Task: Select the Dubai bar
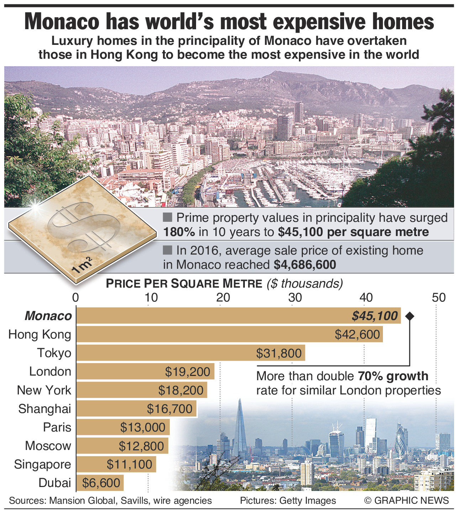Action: pos(100,483)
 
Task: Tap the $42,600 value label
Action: pos(357,334)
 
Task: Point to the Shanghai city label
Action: pos(45,409)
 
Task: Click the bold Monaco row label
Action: pos(48,316)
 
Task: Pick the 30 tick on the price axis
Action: pos(295,298)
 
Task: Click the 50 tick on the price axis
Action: pos(438,298)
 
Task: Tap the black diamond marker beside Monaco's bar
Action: pos(410,316)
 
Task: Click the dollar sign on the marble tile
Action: pos(85,227)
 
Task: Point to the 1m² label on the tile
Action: pos(82,265)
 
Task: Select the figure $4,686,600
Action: pos(305,265)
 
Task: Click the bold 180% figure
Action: pos(179,232)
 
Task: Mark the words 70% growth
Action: pos(393,376)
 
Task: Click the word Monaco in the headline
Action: pos(62,22)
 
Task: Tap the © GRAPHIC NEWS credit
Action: pos(406,501)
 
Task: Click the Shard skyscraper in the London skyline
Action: pos(240,431)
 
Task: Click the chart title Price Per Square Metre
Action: pos(184,283)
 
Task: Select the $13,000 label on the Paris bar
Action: pos(143,427)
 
